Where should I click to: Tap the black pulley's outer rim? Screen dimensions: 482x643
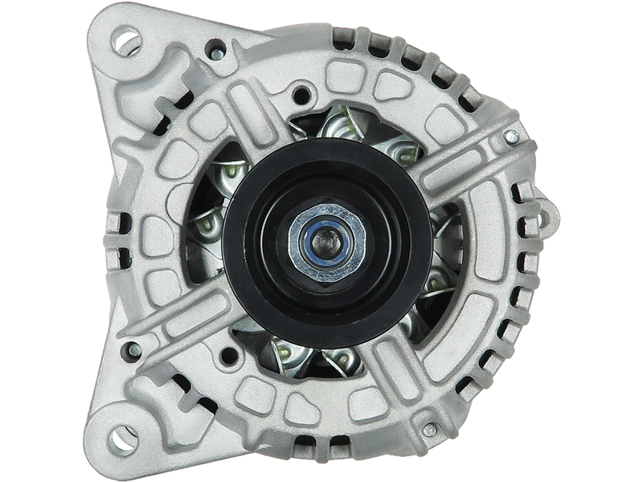tap(241, 241)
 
